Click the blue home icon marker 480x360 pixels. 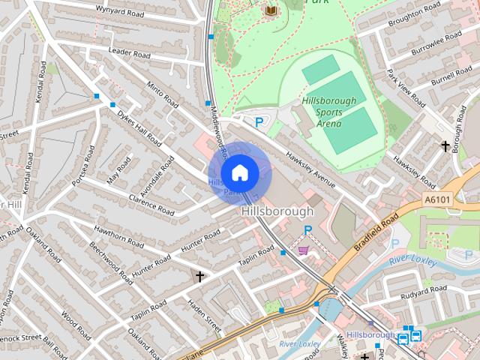[239, 173]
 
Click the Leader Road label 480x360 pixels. [130, 52]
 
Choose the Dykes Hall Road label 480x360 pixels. [139, 129]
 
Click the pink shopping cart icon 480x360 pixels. [304, 250]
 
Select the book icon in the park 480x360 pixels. [271, 10]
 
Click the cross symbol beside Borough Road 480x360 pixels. [445, 145]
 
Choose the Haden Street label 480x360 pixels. [204, 317]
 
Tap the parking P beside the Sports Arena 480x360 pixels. [259, 121]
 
